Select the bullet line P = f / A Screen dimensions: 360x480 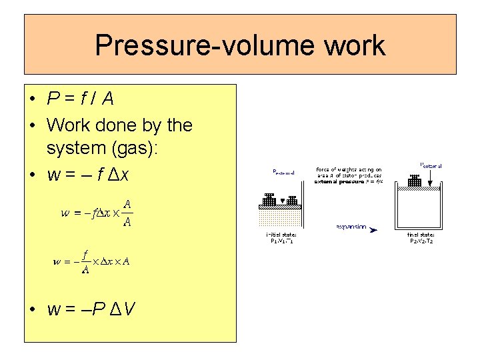coord(80,99)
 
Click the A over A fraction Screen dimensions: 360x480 coord(127,213)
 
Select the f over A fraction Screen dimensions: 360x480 coord(86,261)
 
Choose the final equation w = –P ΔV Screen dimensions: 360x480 coord(91,309)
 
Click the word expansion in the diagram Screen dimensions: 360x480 coord(351,227)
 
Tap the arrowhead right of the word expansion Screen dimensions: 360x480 coord(374,230)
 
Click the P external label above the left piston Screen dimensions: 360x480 coord(284,172)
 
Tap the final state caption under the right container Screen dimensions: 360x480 coord(421,238)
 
